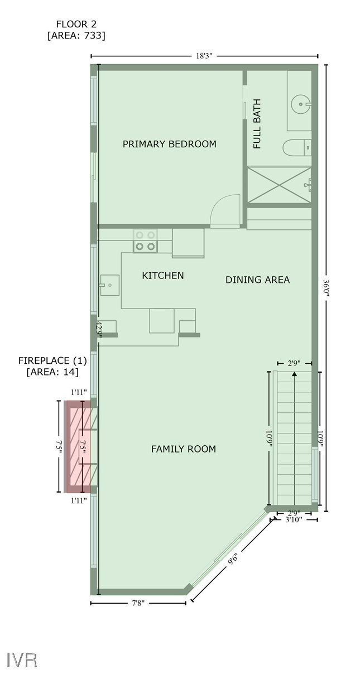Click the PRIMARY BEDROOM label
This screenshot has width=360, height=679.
pos(169,144)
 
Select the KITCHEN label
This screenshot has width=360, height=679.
pos(162,275)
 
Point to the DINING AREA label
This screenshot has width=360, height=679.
pos(257,280)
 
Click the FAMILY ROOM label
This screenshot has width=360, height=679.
pos(183,449)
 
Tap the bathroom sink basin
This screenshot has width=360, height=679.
pos(301,103)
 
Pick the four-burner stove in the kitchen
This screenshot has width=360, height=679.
pos(145,240)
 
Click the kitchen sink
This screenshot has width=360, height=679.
pos(109,285)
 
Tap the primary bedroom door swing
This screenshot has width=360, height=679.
pos(226,210)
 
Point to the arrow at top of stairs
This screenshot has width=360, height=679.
pos(294,374)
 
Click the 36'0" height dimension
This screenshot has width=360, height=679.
pos(327,287)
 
